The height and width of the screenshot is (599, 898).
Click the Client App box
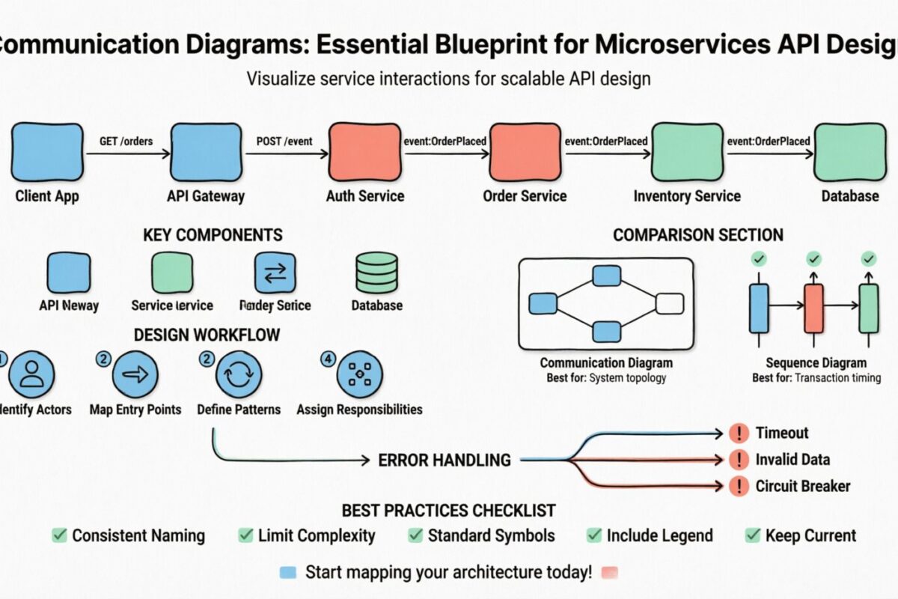pyautogui.click(x=46, y=153)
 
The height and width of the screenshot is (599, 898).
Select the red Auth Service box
pyautogui.click(x=364, y=153)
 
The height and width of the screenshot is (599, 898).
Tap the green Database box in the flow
pyautogui.click(x=849, y=153)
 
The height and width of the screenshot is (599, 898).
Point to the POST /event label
pyautogui.click(x=284, y=141)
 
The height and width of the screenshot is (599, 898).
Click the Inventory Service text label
pyautogui.click(x=687, y=196)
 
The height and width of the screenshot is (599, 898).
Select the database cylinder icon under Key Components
pyautogui.click(x=376, y=273)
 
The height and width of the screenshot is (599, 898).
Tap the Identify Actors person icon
pyautogui.click(x=31, y=374)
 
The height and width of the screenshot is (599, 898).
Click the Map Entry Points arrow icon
pyautogui.click(x=135, y=374)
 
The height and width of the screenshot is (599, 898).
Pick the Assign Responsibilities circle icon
pyautogui.click(x=359, y=374)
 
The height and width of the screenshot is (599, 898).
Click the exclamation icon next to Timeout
pyautogui.click(x=738, y=433)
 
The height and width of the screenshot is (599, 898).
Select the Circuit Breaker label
pyautogui.click(x=802, y=486)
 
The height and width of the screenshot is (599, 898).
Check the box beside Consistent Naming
pyautogui.click(x=59, y=535)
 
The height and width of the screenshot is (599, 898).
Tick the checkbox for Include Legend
pyautogui.click(x=594, y=535)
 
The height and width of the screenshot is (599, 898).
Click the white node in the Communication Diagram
pyautogui.click(x=669, y=303)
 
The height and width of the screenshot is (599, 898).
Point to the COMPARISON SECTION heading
pyautogui.click(x=697, y=235)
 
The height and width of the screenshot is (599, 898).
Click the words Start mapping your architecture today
pyautogui.click(x=448, y=573)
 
